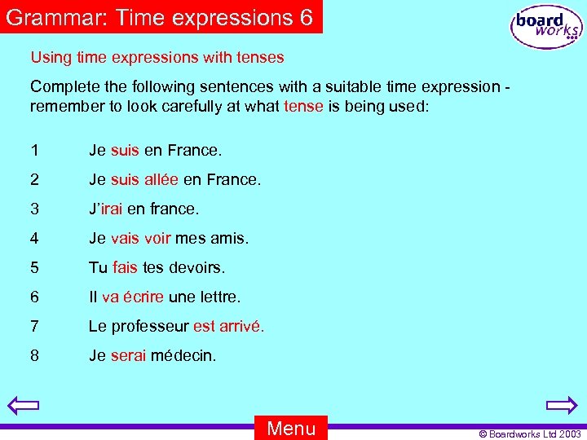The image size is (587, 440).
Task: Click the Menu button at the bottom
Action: click(x=291, y=428)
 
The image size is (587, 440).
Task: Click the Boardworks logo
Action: click(x=546, y=27)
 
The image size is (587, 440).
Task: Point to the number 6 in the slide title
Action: click(x=306, y=17)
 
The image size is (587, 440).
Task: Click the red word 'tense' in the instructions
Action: click(x=304, y=107)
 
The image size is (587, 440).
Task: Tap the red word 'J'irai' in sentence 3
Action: click(x=105, y=209)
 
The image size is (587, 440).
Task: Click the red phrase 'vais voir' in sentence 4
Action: click(x=141, y=238)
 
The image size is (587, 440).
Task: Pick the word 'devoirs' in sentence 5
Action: click(x=197, y=267)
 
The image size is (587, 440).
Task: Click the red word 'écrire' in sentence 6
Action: click(x=143, y=297)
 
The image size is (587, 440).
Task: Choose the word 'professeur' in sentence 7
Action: click(x=150, y=326)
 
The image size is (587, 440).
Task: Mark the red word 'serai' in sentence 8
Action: click(x=129, y=355)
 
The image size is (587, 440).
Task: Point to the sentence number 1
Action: click(x=34, y=150)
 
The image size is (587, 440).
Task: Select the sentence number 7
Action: click(x=34, y=326)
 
